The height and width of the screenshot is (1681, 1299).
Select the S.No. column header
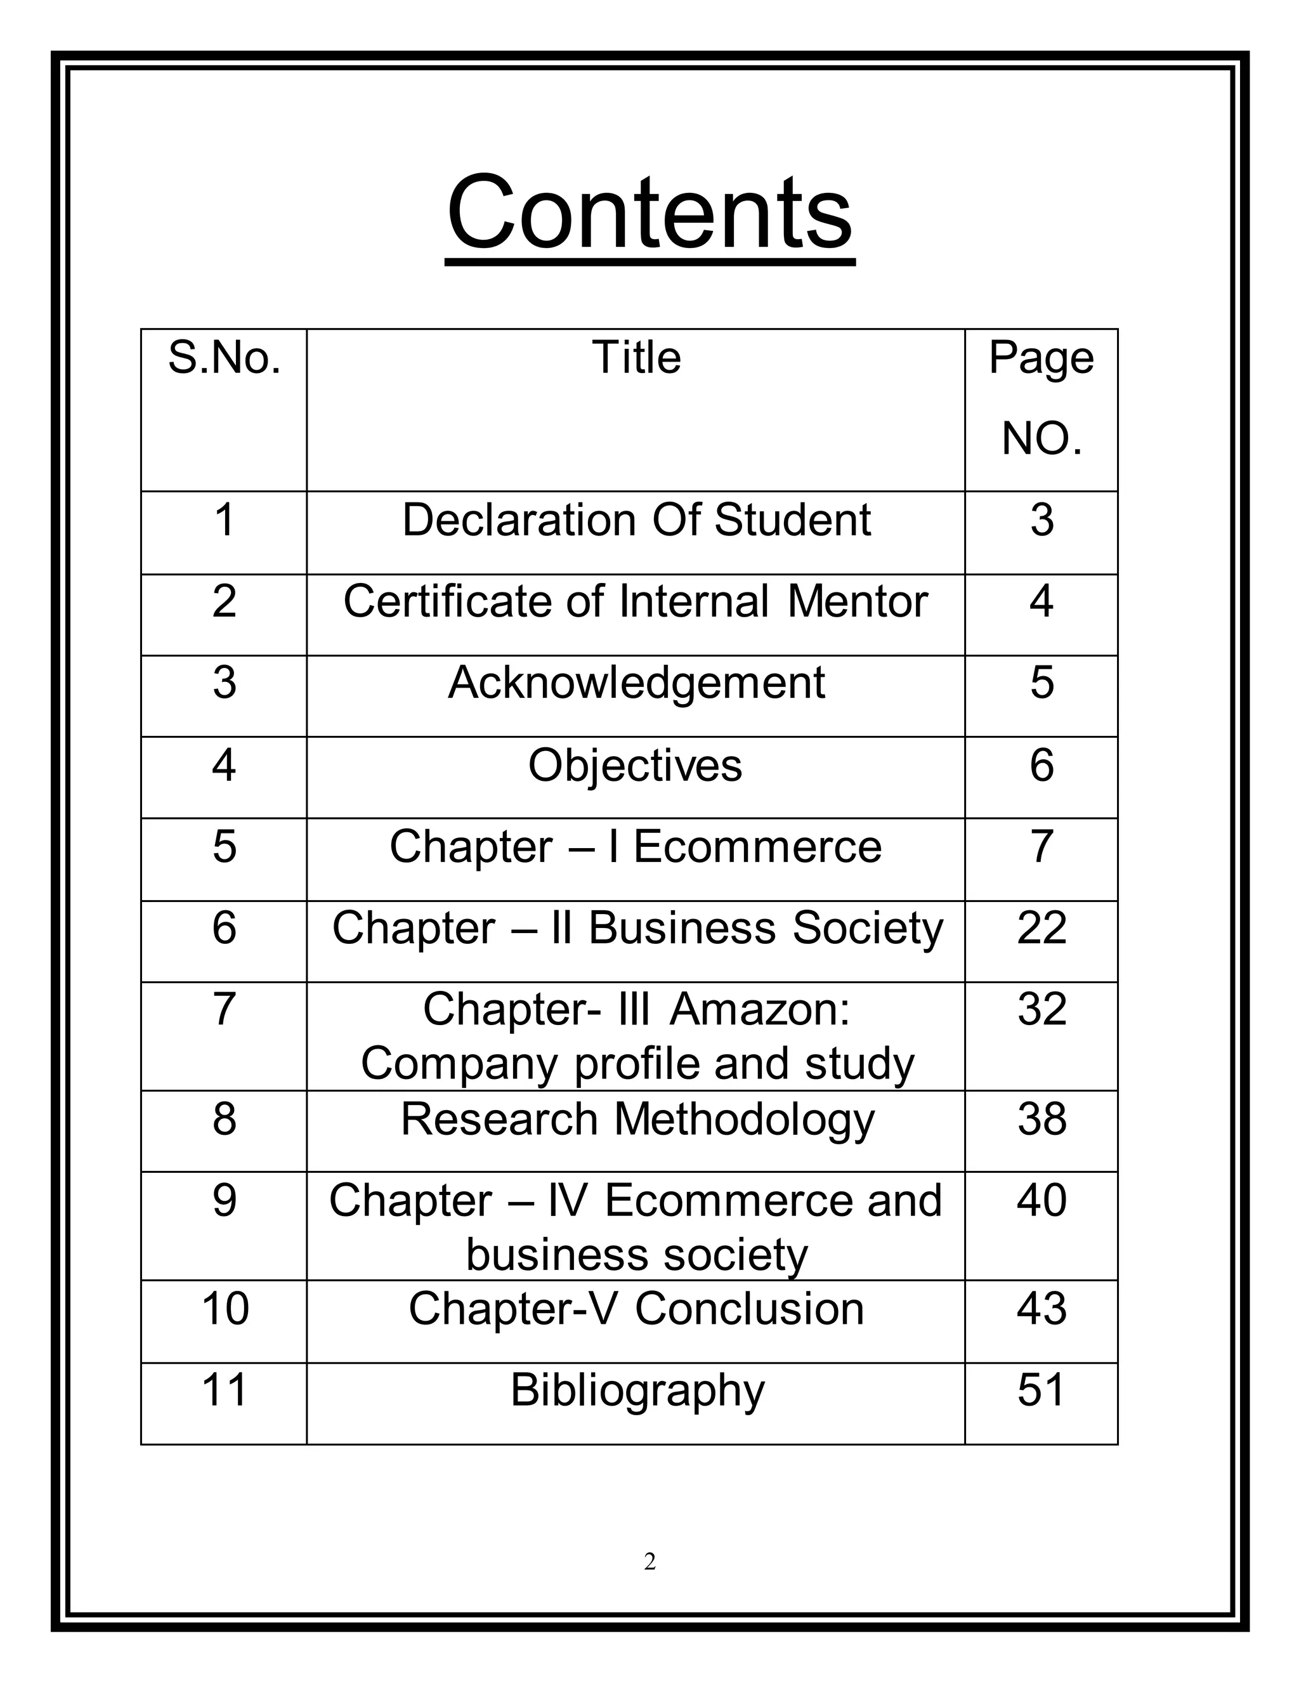[x=224, y=358]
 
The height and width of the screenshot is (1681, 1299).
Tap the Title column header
[x=636, y=358]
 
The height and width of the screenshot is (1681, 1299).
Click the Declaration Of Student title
[x=636, y=520]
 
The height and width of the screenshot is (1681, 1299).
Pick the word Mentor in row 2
[x=858, y=601]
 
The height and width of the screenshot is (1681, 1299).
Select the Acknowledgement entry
[x=636, y=683]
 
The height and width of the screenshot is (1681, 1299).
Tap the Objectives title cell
[x=636, y=765]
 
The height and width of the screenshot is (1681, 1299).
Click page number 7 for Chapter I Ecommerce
[x=1041, y=847]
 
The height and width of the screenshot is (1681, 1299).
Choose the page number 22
[x=1041, y=927]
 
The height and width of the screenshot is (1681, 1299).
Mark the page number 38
[x=1041, y=1119]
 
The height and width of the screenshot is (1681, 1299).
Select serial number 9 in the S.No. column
[x=224, y=1201]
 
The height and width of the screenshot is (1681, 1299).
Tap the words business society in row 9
[x=636, y=1255]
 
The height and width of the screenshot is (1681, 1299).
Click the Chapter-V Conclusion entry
[x=636, y=1309]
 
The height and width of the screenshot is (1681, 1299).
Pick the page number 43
[x=1041, y=1309]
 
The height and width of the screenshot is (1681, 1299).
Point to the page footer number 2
[x=649, y=1562]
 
